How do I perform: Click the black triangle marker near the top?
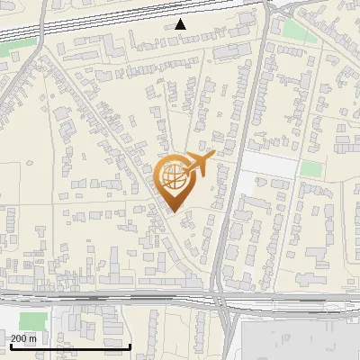(x=181, y=24)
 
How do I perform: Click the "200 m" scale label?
(x=23, y=338)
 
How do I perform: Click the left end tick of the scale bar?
(x=10, y=345)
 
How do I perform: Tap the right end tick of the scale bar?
(x=130, y=345)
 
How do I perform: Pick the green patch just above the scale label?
(x=31, y=321)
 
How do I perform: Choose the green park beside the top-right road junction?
(x=294, y=30)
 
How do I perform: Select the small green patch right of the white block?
(x=310, y=168)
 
